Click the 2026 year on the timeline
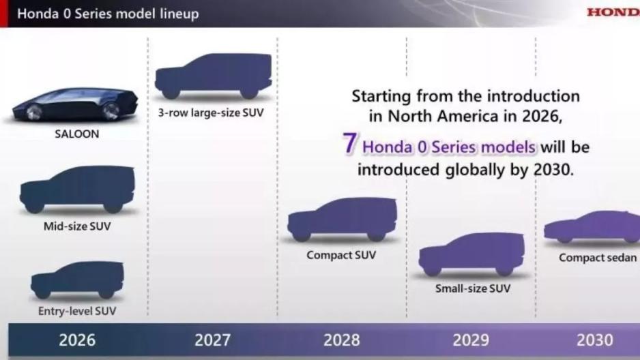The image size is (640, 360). click(x=77, y=340)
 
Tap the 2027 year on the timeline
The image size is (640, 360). click(x=212, y=340)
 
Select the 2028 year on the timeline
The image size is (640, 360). click(x=342, y=340)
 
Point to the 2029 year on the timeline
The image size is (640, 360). click(x=471, y=340)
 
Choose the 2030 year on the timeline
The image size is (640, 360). click(x=595, y=340)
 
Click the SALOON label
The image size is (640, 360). click(x=76, y=134)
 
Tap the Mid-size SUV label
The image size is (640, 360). click(x=77, y=226)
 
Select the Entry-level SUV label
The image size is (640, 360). click(x=77, y=311)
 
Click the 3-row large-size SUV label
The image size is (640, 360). click(x=211, y=113)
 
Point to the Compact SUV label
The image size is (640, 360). click(x=341, y=255)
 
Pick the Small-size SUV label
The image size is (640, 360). click(x=473, y=288)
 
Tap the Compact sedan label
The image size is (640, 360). click(x=598, y=258)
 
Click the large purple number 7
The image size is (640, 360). click(x=350, y=143)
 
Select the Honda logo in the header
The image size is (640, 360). click(x=613, y=12)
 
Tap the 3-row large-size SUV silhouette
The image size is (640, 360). click(x=213, y=76)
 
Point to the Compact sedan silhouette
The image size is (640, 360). click(x=592, y=227)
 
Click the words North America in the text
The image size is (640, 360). click(x=443, y=116)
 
